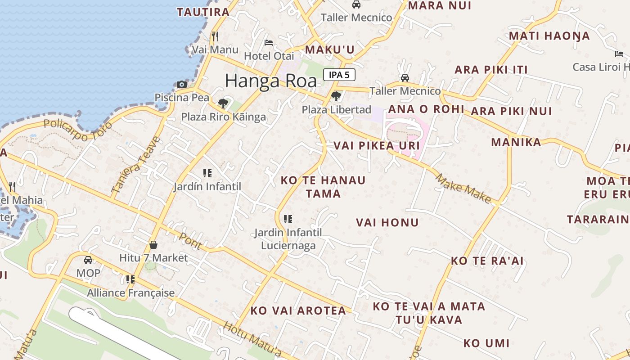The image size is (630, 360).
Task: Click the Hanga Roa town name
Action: [270, 81]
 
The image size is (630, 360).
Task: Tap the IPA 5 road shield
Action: [339, 75]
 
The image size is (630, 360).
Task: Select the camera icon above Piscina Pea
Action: [182, 84]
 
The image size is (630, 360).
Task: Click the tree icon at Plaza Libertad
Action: [336, 96]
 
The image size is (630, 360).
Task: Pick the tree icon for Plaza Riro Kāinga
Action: [223, 103]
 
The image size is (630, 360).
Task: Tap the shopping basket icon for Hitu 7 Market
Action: [153, 245]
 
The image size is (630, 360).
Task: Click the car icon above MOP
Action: [88, 260]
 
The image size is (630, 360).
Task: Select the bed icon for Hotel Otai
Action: [269, 43]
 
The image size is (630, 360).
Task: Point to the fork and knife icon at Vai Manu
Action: [215, 36]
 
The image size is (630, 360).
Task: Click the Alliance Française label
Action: [130, 293]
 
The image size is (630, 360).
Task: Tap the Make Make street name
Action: [463, 189]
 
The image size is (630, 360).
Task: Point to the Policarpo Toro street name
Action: [72, 130]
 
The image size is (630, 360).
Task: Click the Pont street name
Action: [190, 241]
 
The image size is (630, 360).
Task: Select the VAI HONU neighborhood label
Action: [387, 222]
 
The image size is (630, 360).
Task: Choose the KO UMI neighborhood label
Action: [486, 343]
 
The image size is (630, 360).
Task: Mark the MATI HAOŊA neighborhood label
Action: [549, 36]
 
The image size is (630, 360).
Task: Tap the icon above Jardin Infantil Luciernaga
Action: [288, 219]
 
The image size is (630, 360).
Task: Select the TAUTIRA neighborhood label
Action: [203, 12]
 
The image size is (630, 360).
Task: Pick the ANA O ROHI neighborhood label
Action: [426, 109]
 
